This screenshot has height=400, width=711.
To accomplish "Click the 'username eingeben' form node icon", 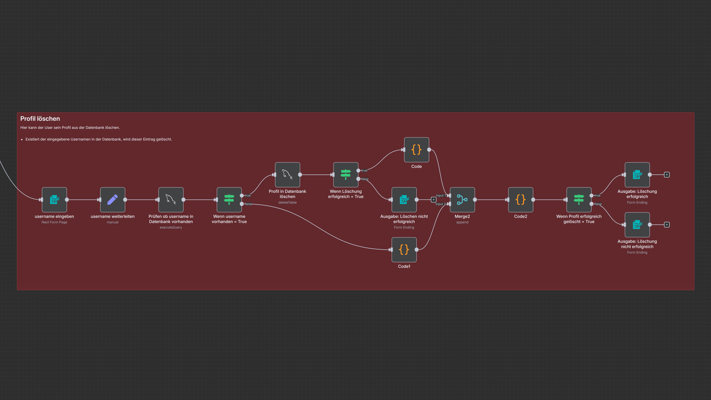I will coord(54,200).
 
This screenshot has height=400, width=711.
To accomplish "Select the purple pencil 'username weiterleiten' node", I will coord(113,200).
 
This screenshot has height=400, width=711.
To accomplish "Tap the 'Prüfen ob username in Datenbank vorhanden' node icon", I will coord(171,200).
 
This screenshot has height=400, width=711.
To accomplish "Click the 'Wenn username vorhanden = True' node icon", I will coord(229,200).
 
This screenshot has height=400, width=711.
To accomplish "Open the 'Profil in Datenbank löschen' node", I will coord(287,175).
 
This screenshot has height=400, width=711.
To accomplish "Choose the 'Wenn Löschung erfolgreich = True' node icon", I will coord(346,175).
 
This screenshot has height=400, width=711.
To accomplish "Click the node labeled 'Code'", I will coord(416,150).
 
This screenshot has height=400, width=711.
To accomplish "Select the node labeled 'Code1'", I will coord(404,250).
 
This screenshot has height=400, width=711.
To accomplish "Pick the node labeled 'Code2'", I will coord(521,200).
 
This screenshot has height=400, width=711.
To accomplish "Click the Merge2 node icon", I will coord(462,200).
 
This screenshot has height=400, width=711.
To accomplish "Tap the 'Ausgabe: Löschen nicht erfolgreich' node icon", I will coord(404,200).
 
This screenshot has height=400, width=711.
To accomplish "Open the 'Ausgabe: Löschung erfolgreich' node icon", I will coord(637,175).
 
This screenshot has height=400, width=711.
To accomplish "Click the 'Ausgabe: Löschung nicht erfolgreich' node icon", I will coord(637,224).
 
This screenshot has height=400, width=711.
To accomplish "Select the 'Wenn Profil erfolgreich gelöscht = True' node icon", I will coord(579,200).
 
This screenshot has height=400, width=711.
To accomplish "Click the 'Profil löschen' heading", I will coord(40,119).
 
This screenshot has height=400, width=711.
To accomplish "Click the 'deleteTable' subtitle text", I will coord(287,202).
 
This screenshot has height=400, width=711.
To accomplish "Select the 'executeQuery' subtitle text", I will coord(171,227).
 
